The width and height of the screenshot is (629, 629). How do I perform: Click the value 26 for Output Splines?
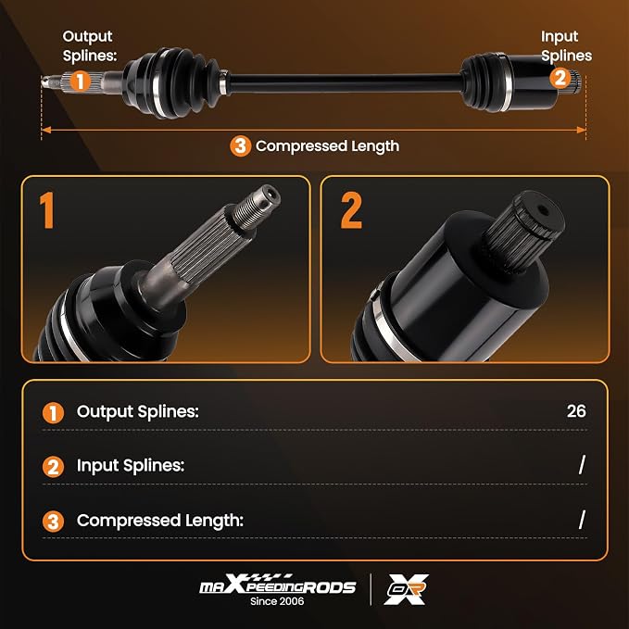tap(576, 411)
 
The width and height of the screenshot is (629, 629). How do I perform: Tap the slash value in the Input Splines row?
tap(582, 464)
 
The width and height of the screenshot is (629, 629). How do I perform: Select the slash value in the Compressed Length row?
tap(582, 520)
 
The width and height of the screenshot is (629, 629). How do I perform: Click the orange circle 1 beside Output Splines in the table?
tap(53, 413)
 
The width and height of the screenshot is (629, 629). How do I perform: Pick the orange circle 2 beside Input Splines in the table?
tap(53, 467)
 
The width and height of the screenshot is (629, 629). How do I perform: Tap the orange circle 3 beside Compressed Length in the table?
tap(53, 522)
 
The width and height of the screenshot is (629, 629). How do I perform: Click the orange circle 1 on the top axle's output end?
tap(81, 82)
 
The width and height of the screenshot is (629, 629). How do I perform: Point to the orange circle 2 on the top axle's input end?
tap(560, 78)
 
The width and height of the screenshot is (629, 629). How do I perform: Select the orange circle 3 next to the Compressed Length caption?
tap(240, 146)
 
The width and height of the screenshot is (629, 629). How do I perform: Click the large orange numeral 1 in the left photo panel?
tap(47, 210)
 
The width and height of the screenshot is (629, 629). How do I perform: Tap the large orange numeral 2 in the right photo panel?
tap(351, 210)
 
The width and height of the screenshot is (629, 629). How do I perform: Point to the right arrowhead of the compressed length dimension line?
tap(581, 130)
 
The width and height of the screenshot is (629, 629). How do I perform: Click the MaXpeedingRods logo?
tap(278, 585)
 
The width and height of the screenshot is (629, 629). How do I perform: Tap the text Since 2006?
tap(277, 601)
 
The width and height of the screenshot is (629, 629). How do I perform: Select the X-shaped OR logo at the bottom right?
tap(406, 589)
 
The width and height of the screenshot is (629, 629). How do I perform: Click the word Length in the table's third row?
tap(214, 521)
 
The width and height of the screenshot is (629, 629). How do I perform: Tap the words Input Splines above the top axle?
tap(566, 45)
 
